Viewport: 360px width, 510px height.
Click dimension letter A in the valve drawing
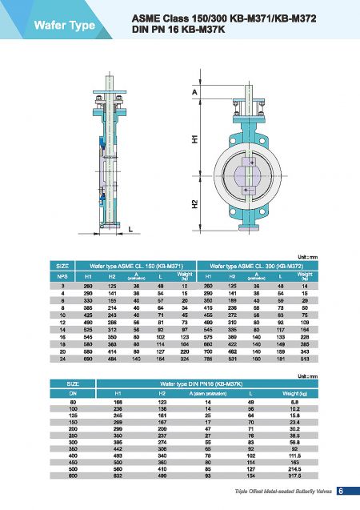(194, 92)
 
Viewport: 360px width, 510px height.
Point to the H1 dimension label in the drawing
(194, 139)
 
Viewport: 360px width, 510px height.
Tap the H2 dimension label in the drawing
(194, 204)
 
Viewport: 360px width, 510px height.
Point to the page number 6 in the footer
(340, 491)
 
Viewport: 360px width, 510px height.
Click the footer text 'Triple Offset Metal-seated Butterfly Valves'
(278, 492)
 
